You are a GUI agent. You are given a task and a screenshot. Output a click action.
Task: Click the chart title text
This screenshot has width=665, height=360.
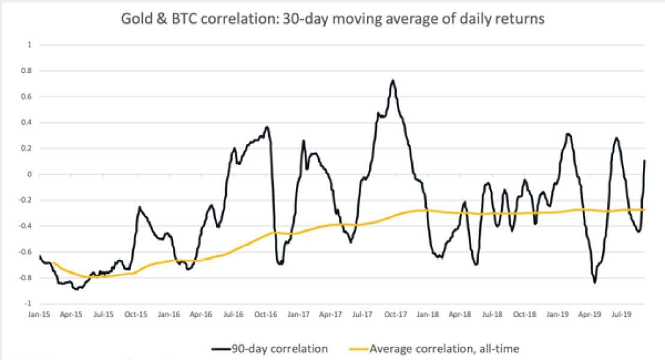[x=332, y=19]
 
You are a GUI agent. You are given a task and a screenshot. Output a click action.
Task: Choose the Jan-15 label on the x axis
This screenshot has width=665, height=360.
[x=39, y=314]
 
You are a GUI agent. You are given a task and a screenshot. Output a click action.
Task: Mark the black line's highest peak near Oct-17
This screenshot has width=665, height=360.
[x=393, y=80]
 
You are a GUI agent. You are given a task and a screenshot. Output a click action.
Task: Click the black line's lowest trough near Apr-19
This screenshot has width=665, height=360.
[x=595, y=282]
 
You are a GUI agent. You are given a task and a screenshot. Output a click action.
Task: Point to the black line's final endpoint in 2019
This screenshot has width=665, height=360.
[x=645, y=160]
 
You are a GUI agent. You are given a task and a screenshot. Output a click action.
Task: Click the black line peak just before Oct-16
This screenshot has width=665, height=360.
[x=267, y=127]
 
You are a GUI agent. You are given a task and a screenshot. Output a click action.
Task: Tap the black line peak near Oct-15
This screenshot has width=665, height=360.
[x=139, y=207]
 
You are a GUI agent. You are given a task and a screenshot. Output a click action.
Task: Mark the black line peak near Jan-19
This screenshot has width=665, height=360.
[x=568, y=134]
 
